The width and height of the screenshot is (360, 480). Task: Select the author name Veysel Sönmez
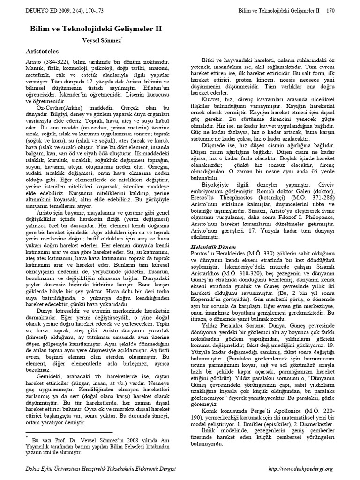102,41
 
